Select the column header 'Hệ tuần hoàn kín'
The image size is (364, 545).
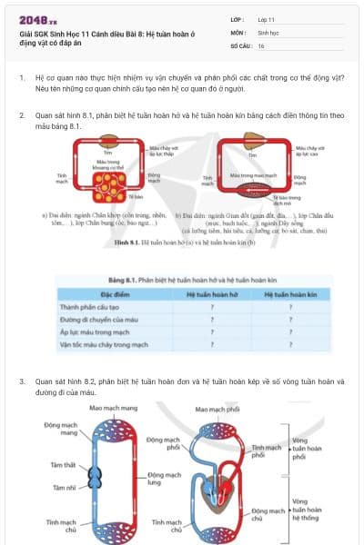288,295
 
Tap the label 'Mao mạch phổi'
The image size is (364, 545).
216,409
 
